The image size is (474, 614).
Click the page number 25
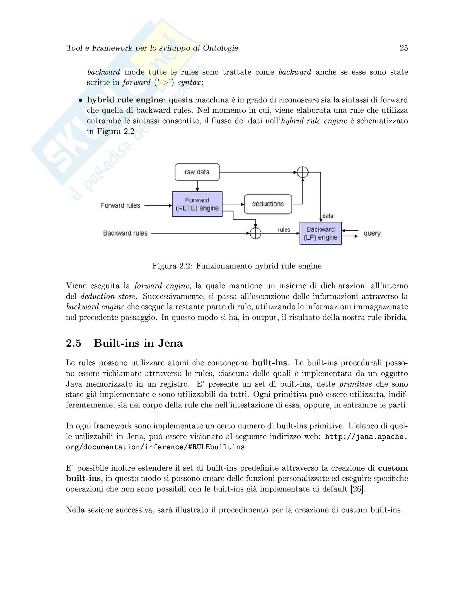point(403,48)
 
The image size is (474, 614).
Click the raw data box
point(197,172)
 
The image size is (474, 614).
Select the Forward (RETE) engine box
point(197,204)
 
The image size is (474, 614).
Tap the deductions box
point(268,204)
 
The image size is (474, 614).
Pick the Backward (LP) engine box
point(320,233)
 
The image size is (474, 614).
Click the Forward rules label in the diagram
point(120,205)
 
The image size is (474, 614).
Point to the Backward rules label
point(125,233)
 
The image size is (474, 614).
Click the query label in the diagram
point(372,233)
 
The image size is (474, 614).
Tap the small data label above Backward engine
point(328,216)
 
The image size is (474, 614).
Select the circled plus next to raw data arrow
point(303,172)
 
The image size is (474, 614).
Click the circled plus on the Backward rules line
point(255,233)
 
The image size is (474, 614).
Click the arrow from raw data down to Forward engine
point(197,186)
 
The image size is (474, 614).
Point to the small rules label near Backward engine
point(284,230)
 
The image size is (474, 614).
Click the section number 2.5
point(74,343)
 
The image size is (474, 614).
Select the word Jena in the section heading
point(170,343)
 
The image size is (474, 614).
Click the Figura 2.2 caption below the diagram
point(237,266)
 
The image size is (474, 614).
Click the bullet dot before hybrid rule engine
point(81,100)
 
